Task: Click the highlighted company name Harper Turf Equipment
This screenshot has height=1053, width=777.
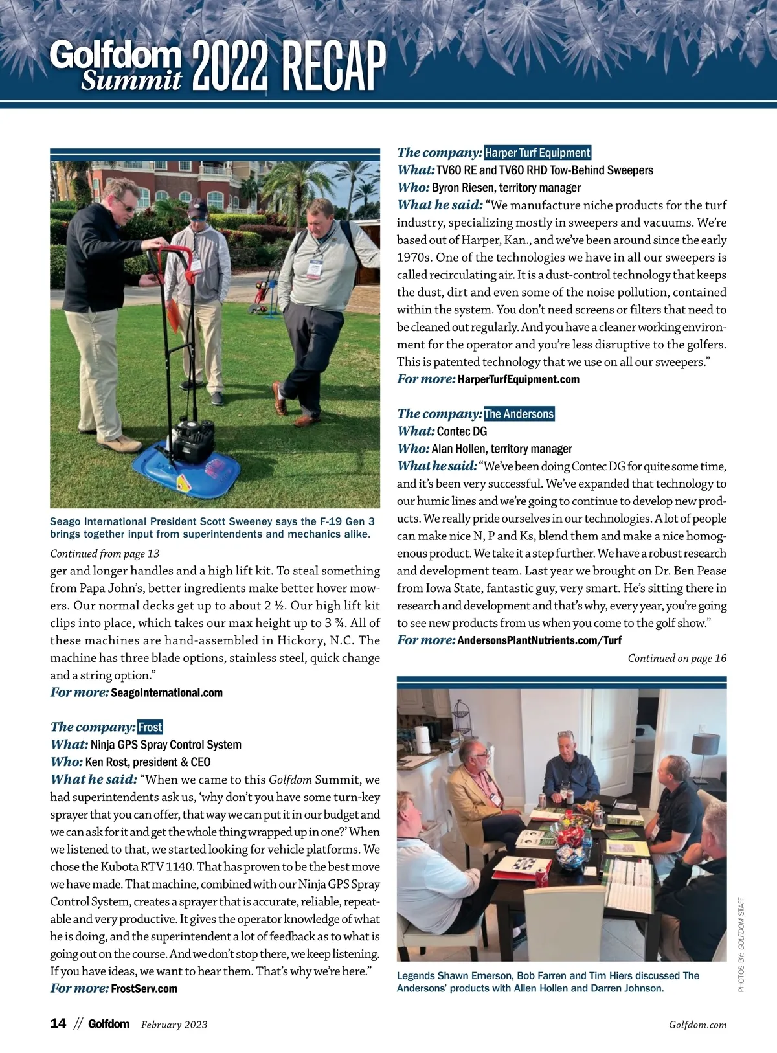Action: (537, 153)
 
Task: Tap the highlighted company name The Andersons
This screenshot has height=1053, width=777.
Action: (519, 414)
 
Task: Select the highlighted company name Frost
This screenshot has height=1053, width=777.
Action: (150, 727)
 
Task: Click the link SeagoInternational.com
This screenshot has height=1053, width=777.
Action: (167, 693)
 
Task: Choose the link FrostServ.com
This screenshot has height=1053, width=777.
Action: (144, 989)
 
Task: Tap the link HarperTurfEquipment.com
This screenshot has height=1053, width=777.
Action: (519, 379)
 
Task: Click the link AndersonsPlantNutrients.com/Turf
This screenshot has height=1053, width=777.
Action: (539, 640)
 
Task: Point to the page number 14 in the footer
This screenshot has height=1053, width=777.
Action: (58, 1024)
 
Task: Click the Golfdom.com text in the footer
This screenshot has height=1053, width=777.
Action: (697, 1025)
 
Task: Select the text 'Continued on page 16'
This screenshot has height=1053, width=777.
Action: (677, 658)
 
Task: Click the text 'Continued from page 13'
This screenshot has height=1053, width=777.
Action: (104, 554)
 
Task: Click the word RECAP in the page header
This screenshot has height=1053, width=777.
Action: (333, 66)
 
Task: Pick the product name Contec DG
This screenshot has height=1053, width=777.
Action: (462, 431)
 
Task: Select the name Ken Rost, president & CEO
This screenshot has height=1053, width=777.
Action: (148, 762)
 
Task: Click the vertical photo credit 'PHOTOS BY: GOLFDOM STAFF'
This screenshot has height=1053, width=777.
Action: (741, 944)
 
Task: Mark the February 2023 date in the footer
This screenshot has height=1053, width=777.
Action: (174, 1025)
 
